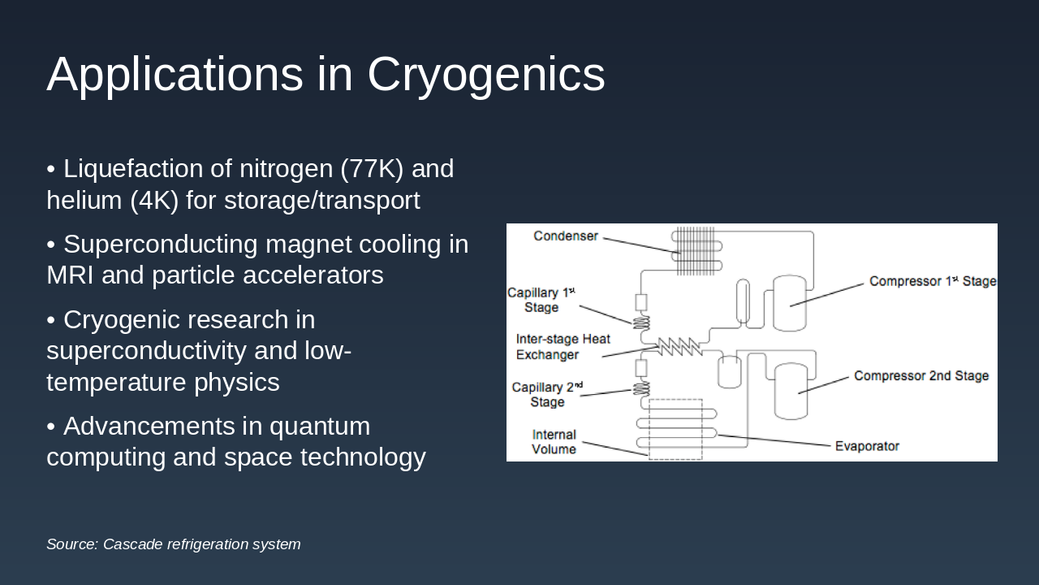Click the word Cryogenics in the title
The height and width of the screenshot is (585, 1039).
click(485, 75)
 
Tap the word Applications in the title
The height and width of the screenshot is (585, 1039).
click(175, 75)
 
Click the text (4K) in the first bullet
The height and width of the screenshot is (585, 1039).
click(154, 200)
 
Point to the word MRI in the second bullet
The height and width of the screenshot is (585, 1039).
click(70, 275)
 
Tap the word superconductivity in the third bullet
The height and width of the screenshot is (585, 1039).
click(146, 351)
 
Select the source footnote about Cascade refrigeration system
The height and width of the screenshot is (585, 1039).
click(173, 544)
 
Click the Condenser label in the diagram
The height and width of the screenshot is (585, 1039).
click(566, 236)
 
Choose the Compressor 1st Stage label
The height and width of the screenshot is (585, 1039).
click(932, 281)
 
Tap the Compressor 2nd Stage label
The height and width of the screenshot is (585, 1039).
click(920, 376)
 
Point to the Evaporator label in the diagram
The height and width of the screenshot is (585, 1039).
click(867, 446)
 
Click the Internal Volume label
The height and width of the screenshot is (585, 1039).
click(554, 442)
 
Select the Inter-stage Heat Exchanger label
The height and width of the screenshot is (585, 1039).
click(563, 347)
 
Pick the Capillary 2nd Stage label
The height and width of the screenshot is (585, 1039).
click(547, 394)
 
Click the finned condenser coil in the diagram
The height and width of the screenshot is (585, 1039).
click(696, 250)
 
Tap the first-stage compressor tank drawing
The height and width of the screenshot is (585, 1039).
click(789, 302)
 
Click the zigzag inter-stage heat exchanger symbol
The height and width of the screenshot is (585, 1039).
click(679, 346)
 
